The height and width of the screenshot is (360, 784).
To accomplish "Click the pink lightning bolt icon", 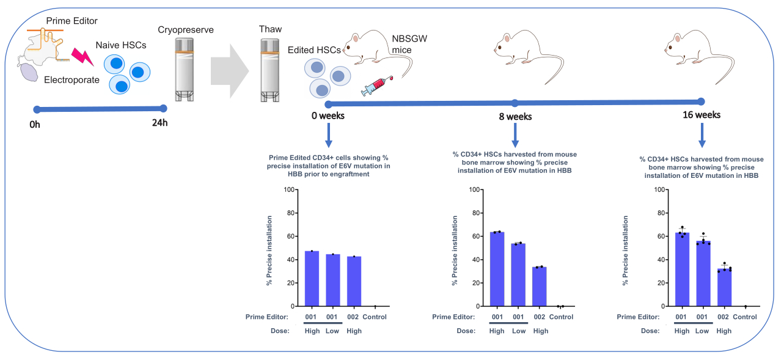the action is (82, 57).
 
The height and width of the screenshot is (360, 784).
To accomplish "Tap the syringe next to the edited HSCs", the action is (377, 86).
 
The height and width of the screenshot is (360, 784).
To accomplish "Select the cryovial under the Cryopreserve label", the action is (184, 70).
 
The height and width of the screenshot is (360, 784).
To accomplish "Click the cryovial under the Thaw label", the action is (270, 70).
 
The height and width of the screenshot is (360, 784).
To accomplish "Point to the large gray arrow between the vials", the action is (230, 71).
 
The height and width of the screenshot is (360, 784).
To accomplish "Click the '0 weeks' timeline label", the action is (328, 116).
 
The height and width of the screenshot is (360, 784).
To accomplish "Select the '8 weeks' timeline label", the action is (515, 117).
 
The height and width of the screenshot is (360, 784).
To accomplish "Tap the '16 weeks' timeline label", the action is (702, 115).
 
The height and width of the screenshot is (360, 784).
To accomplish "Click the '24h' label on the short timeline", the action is (159, 123).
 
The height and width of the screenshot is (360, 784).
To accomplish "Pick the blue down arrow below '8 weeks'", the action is (515, 135).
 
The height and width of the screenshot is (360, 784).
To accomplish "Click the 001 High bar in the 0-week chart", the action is (312, 279).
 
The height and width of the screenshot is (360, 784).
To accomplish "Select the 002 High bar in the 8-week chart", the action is (540, 287).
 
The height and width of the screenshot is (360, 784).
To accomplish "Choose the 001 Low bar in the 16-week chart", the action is (703, 273).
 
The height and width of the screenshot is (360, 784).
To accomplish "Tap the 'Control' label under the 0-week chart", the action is (375, 317).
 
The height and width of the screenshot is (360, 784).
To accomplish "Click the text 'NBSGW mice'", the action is (409, 44).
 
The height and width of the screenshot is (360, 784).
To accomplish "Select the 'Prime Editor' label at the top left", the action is (71, 21).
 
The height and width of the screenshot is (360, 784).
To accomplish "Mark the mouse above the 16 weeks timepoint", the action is (699, 56).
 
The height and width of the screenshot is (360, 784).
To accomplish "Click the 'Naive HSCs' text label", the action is (121, 45).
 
